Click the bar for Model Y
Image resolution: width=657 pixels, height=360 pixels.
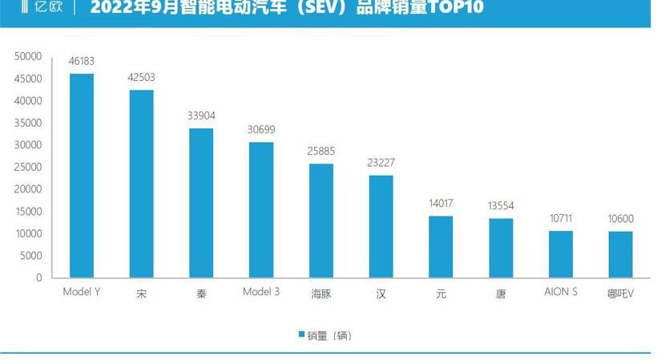click(x=82, y=176)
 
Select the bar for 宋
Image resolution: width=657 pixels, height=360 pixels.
click(x=142, y=184)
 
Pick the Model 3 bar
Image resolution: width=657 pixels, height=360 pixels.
click(x=261, y=210)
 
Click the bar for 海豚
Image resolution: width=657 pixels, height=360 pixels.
click(x=321, y=220)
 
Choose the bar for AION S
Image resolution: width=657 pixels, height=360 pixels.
click(x=561, y=254)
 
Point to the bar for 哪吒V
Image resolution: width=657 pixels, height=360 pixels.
click(x=620, y=254)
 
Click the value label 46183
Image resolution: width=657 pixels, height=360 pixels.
click(x=82, y=62)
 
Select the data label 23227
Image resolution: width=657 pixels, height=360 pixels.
click(x=381, y=163)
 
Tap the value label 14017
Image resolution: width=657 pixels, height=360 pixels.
click(x=441, y=204)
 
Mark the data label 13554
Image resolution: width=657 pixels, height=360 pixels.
click(x=501, y=206)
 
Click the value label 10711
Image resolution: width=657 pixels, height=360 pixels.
click(x=561, y=218)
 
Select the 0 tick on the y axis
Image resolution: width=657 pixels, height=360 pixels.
click(x=38, y=278)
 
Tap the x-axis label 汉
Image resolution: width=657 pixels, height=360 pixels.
click(x=381, y=294)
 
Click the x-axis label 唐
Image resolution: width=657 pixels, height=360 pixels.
click(x=501, y=294)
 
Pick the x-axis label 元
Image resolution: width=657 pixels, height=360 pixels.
click(x=441, y=294)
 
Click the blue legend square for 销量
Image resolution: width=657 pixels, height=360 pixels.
click(x=301, y=334)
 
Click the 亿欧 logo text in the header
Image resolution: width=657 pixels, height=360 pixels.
click(x=45, y=8)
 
